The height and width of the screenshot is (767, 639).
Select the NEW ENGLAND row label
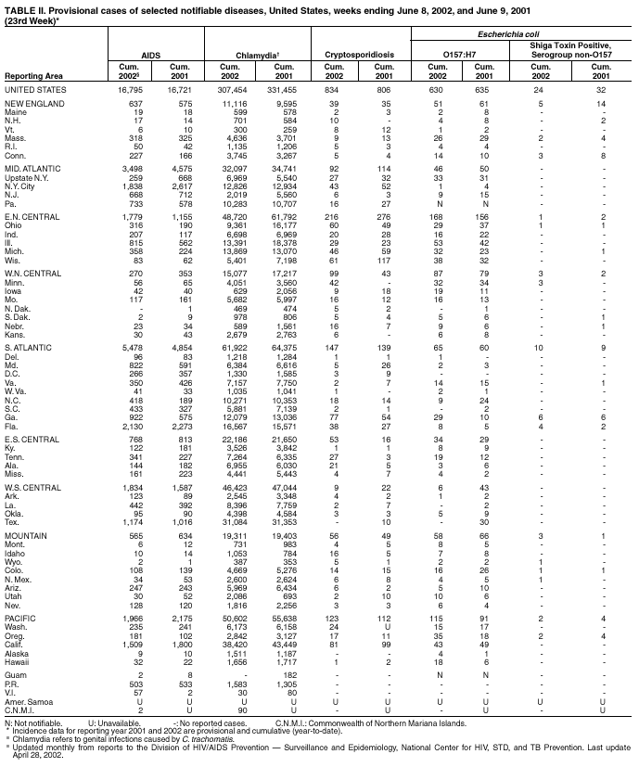[32, 104]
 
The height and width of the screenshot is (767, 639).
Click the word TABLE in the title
[20, 7]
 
